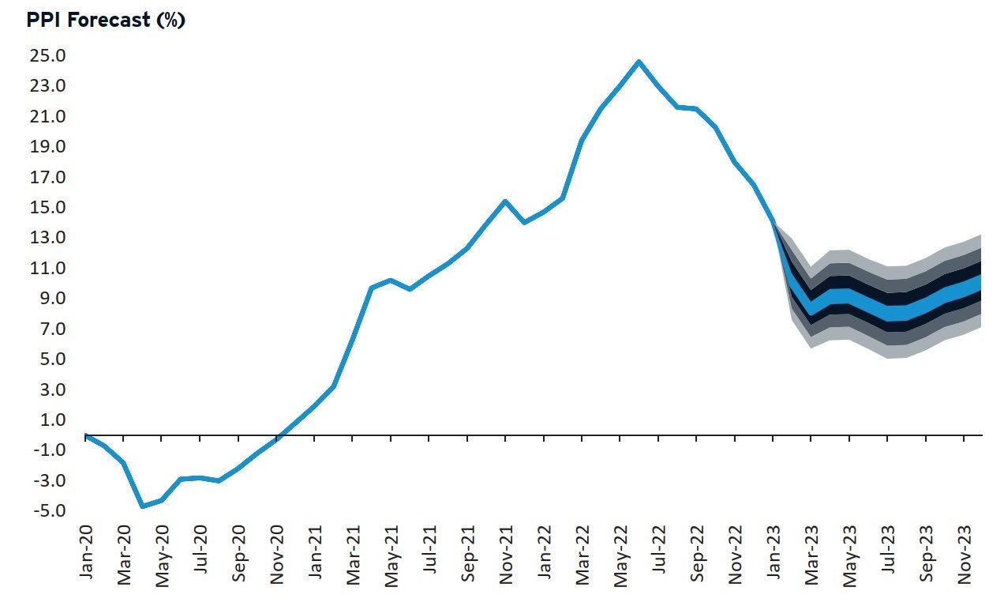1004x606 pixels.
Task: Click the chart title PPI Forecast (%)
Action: (x=106, y=21)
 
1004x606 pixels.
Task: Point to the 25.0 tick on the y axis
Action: (x=49, y=56)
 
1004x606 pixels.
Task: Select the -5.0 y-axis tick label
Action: (x=49, y=511)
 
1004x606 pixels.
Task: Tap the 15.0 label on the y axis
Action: (x=49, y=208)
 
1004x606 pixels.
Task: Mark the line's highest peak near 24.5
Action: (x=639, y=61)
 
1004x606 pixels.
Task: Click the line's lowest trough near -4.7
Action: (x=143, y=506)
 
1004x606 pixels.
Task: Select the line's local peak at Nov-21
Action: (x=505, y=201)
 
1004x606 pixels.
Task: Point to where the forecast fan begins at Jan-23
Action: (x=774, y=222)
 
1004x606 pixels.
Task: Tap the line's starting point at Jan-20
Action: (x=85, y=435)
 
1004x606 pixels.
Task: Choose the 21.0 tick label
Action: (x=49, y=117)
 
